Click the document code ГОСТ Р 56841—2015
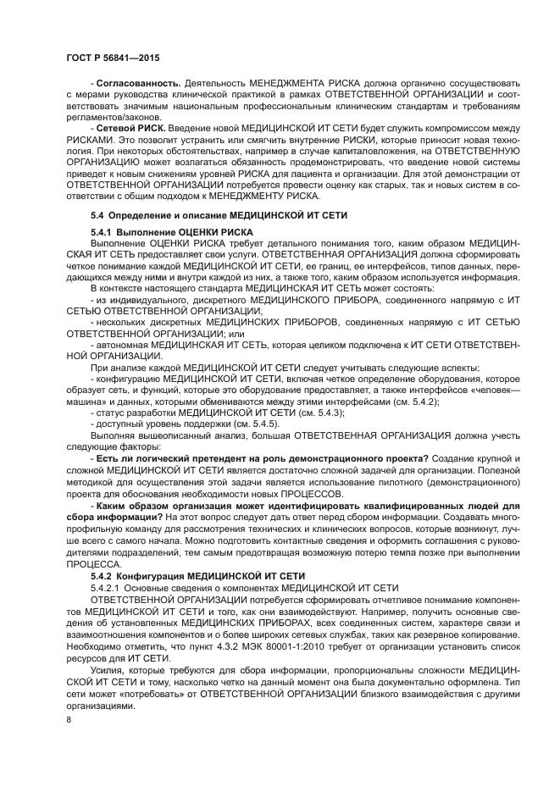[112, 57]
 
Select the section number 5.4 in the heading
[98, 215]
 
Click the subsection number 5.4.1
[104, 231]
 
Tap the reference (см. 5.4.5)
[250, 423]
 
